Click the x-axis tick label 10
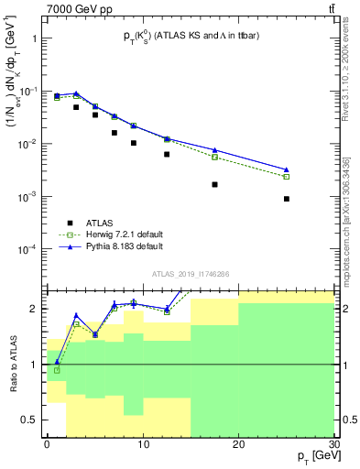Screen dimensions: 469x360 143,443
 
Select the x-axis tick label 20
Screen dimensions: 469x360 238,443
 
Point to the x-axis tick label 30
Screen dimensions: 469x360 333,443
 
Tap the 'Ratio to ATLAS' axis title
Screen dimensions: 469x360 11,364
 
